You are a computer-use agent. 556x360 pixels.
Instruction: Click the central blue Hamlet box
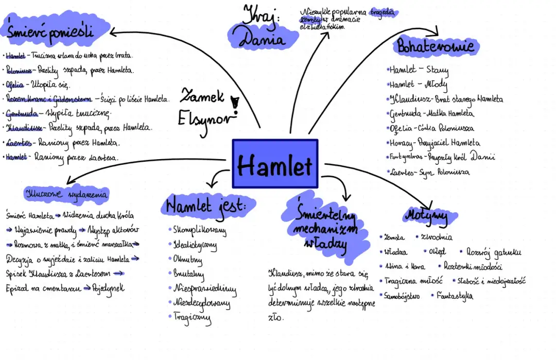pyautogui.click(x=275, y=164)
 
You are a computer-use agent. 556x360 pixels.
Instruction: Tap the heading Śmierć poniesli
pyautogui.click(x=50, y=32)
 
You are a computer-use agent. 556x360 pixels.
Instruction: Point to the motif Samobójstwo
pyautogui.click(x=402, y=296)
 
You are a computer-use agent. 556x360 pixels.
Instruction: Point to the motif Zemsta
pyautogui.click(x=394, y=237)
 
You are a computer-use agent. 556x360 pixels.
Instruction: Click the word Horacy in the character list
pyautogui.click(x=401, y=143)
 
